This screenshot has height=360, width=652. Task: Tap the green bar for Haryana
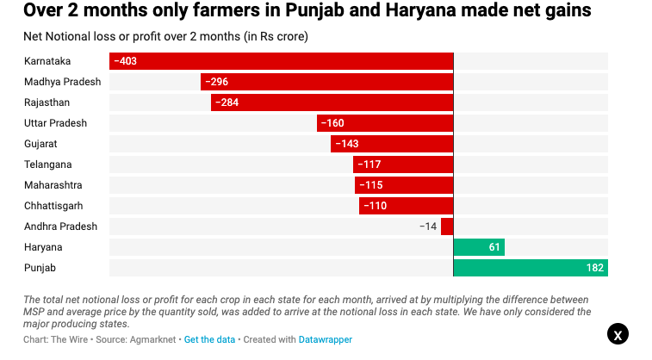[x=479, y=248]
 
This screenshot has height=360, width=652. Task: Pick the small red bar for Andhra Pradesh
[x=447, y=227]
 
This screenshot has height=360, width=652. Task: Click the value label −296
[x=215, y=82]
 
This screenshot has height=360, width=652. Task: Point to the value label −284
[x=226, y=102]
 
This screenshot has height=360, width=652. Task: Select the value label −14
[x=427, y=227]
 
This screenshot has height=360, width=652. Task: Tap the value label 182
[x=594, y=269]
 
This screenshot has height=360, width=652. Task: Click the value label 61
[x=494, y=248]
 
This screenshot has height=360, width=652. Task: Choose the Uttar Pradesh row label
[x=55, y=123]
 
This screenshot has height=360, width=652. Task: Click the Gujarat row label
[x=40, y=144]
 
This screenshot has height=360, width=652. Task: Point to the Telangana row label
[x=48, y=164]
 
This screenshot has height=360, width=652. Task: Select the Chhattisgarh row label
[x=53, y=206]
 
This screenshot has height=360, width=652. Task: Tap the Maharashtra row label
[x=53, y=185]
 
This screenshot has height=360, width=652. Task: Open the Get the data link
[x=209, y=339]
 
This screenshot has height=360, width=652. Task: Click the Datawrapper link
[x=326, y=339]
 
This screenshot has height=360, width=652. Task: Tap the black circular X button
[x=618, y=335]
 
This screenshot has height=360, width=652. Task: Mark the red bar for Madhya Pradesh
[x=326, y=82]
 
